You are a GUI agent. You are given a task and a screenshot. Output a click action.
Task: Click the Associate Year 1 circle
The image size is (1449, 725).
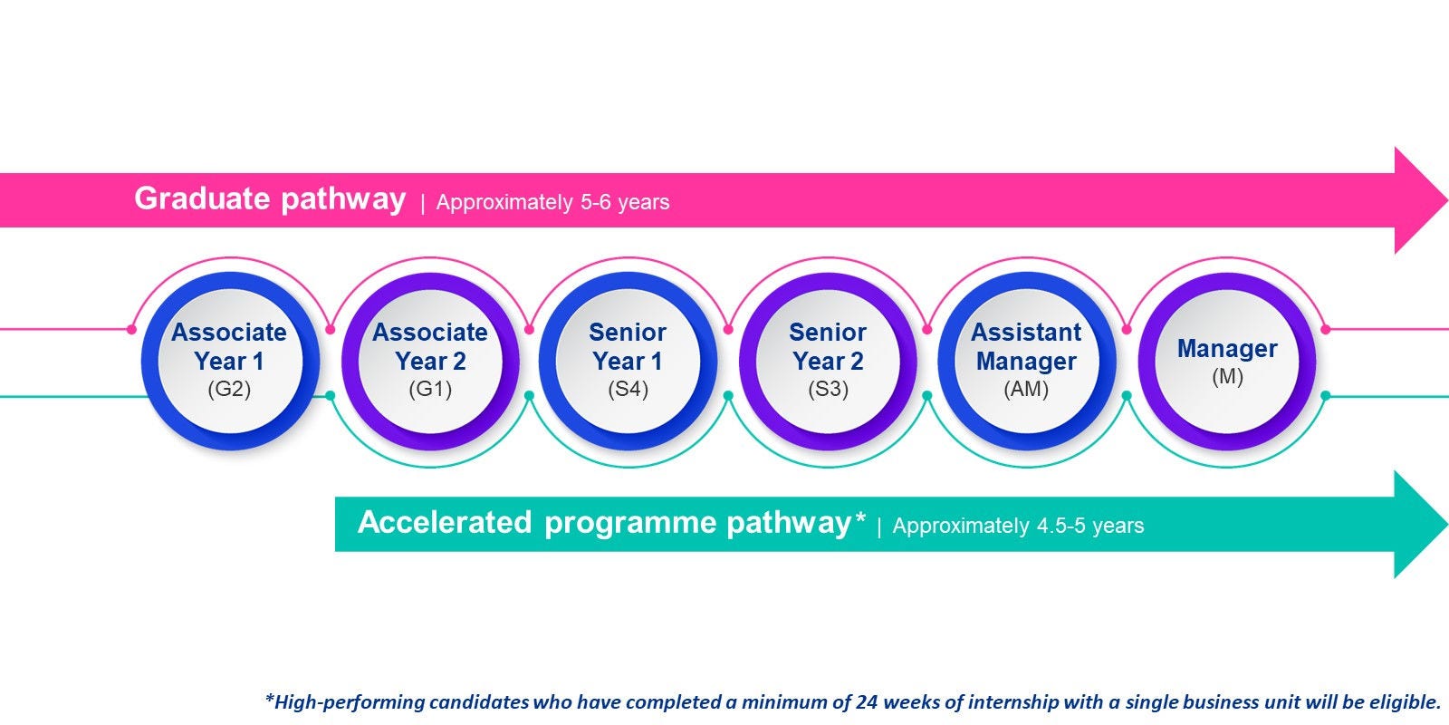click(230, 362)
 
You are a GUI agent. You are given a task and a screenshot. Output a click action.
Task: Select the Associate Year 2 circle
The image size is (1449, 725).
click(431, 362)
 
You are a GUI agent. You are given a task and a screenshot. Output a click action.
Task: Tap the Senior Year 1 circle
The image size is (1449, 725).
click(629, 362)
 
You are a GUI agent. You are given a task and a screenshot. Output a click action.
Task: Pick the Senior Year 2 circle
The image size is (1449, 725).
click(828, 362)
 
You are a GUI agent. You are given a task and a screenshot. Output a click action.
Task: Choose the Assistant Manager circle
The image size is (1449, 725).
click(1027, 362)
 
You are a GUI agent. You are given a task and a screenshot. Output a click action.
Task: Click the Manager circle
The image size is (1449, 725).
click(1227, 362)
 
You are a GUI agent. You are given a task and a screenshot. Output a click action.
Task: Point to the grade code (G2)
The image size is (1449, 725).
click(230, 389)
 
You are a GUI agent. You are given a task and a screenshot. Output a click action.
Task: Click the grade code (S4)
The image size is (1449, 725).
click(629, 389)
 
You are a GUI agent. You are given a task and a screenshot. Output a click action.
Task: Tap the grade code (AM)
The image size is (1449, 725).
click(1027, 389)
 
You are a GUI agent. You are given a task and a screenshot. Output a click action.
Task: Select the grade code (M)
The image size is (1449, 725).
click(1228, 376)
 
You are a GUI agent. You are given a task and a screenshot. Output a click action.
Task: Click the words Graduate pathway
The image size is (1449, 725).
click(270, 198)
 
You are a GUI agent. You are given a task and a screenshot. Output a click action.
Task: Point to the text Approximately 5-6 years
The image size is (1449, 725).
click(553, 203)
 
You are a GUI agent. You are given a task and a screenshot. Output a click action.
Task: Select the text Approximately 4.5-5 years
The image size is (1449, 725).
click(1018, 526)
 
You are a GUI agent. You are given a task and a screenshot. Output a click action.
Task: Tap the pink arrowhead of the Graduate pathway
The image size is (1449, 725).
click(1421, 200)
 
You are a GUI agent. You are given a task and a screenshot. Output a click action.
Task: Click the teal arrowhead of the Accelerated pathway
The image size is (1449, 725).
click(1421, 525)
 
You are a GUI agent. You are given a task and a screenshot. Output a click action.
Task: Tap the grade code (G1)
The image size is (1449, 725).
click(431, 389)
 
